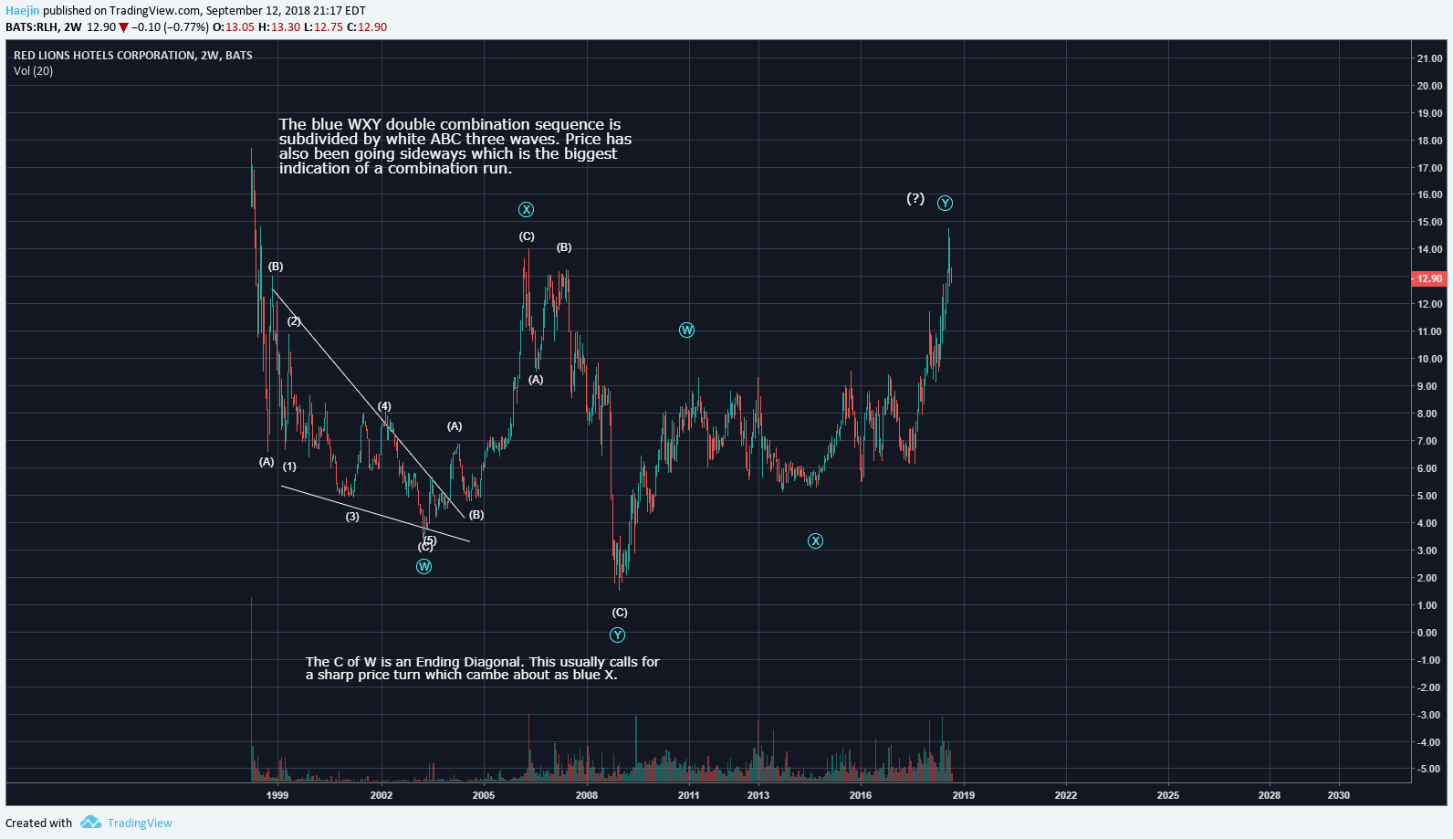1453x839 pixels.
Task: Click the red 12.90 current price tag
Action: click(x=1429, y=278)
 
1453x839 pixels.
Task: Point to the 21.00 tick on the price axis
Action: click(x=1429, y=58)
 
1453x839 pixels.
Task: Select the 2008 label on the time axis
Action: click(x=587, y=795)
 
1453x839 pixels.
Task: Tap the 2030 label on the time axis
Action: click(x=1339, y=795)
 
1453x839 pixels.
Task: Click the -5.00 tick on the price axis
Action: click(x=1428, y=770)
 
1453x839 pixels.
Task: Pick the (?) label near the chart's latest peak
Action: click(x=915, y=198)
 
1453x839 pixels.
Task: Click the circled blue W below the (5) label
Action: click(x=423, y=567)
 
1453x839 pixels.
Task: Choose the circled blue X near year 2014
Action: click(x=816, y=541)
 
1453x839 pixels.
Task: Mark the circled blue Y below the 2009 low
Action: click(x=618, y=635)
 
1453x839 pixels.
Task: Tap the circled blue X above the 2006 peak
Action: click(x=527, y=210)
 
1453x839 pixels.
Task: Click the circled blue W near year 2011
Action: click(x=687, y=330)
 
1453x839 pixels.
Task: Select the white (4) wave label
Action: click(x=385, y=406)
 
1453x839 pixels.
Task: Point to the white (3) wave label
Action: click(x=352, y=517)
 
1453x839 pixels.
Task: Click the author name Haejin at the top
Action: click(x=23, y=11)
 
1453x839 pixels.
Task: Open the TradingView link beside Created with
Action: click(x=140, y=823)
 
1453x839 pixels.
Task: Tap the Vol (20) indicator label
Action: click(x=34, y=71)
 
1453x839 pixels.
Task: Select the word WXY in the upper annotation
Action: click(x=365, y=124)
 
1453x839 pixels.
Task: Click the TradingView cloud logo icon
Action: click(x=90, y=823)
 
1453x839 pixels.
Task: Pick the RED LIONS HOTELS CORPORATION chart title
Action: click(x=104, y=56)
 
